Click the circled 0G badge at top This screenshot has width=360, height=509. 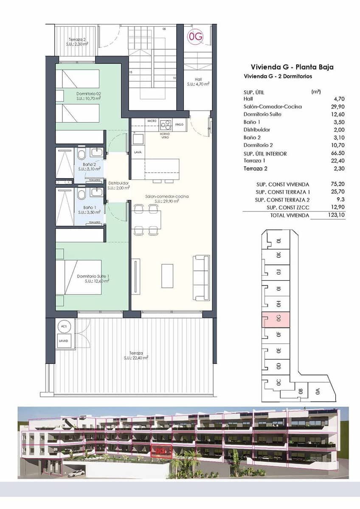coord(196,37)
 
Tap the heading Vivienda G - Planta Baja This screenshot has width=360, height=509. coord(292,67)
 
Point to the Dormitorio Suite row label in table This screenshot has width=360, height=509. coord(262,114)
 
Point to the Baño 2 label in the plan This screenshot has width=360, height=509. coord(89,166)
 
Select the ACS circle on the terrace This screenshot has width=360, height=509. coord(64,327)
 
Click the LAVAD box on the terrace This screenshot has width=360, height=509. coord(64,341)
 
